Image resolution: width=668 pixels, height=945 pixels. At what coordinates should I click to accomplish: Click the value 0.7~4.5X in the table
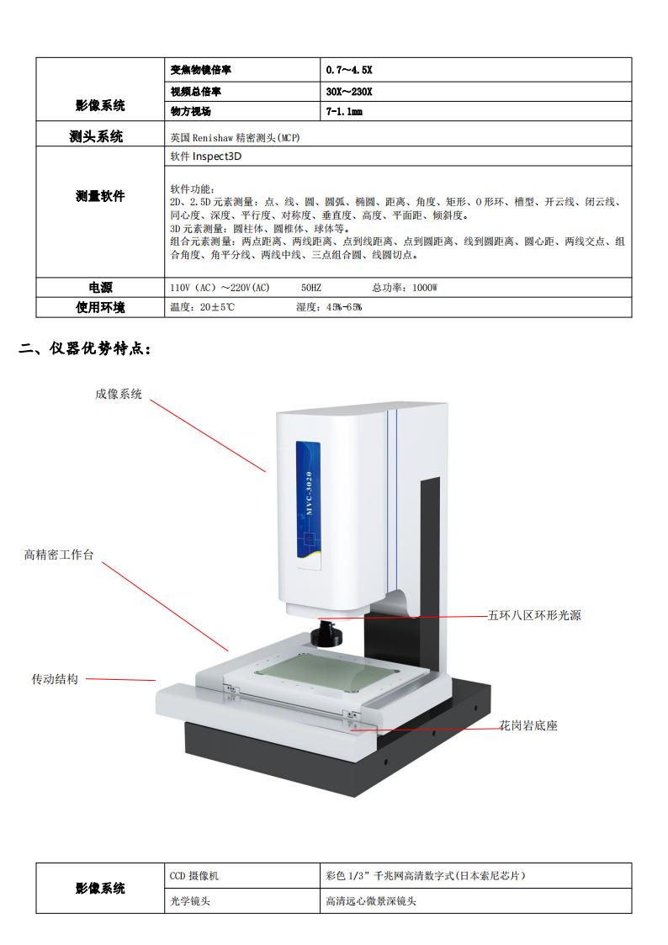coord(349,70)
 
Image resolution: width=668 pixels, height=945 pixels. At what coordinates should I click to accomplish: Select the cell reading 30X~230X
coord(349,92)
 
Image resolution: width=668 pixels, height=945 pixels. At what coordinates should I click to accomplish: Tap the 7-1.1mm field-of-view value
coord(344,111)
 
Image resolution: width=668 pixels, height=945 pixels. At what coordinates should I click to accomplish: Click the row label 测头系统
coord(96,136)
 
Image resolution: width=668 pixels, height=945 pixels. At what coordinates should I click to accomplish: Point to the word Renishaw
coord(213,138)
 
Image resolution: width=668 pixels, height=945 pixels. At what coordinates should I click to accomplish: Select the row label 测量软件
coord(100,196)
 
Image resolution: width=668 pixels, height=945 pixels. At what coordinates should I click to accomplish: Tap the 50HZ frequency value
coord(311,288)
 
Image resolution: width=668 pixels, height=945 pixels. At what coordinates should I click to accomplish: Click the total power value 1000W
coord(425,288)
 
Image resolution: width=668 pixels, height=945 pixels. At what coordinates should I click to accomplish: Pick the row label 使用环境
coord(100,307)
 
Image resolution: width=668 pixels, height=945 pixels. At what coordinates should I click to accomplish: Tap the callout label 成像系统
coord(119,394)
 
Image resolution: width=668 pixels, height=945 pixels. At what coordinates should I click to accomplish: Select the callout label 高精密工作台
coord(59,555)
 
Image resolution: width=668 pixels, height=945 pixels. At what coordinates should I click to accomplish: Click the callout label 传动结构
coord(55,679)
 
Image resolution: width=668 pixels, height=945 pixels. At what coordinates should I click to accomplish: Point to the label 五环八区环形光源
coord(534,615)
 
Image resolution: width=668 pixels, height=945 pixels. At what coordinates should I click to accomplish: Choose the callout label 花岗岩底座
coord(528,725)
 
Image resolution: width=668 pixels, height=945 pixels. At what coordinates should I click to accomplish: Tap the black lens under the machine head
coord(326,634)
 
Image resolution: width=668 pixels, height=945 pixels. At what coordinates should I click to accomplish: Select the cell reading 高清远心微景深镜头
coord(371,901)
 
